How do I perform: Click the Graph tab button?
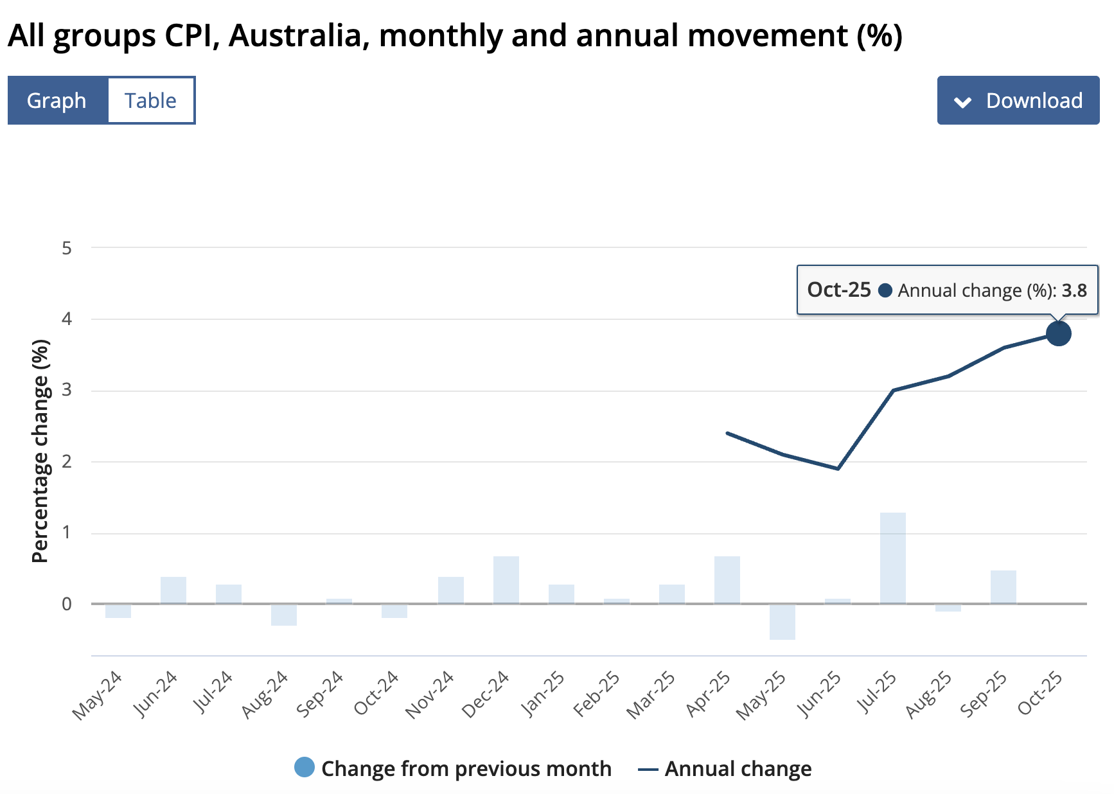pos(57,101)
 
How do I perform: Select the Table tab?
pos(151,101)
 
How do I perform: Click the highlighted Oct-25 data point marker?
pos(1058,333)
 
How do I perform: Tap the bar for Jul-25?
pos(892,558)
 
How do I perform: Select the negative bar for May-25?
pos(782,621)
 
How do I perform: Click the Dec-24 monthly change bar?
pos(506,580)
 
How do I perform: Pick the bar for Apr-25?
pos(727,580)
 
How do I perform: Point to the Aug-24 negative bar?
pos(283,615)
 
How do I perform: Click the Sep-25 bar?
pos(1003,587)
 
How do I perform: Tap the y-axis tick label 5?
pos(67,248)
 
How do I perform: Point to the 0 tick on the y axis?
pos(67,604)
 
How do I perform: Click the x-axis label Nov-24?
pos(429,695)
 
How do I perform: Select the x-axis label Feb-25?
pos(596,695)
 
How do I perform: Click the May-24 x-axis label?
pos(97,696)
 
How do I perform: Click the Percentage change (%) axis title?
pos(40,451)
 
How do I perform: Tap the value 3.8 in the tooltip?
pos(1074,290)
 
